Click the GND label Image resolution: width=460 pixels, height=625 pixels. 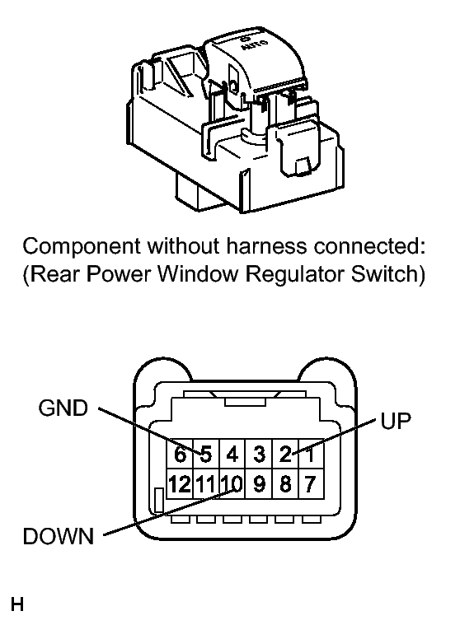click(x=63, y=408)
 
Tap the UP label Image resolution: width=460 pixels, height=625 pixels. click(x=396, y=421)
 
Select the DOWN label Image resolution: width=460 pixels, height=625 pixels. click(x=59, y=536)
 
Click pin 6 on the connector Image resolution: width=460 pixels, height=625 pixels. click(x=180, y=454)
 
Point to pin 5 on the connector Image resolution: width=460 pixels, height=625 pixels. click(x=206, y=454)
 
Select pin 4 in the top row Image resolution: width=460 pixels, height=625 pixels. click(x=232, y=454)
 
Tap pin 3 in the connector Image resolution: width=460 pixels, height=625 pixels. click(x=259, y=454)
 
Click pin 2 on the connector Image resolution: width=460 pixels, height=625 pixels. click(x=285, y=454)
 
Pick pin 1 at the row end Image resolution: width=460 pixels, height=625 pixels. click(x=311, y=454)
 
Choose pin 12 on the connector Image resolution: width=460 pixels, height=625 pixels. click(x=180, y=484)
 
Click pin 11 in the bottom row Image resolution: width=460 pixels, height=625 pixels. click(x=206, y=484)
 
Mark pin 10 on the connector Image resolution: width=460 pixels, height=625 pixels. click(x=232, y=484)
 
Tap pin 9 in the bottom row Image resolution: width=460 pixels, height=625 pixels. click(x=259, y=484)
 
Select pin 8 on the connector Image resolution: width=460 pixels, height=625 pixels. click(x=285, y=484)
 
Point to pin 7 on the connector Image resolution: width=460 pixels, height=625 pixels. click(x=311, y=484)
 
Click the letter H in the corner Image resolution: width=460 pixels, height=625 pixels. click(x=17, y=604)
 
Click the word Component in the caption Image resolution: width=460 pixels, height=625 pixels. click(x=82, y=247)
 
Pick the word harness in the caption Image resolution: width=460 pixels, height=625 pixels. click(x=267, y=246)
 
